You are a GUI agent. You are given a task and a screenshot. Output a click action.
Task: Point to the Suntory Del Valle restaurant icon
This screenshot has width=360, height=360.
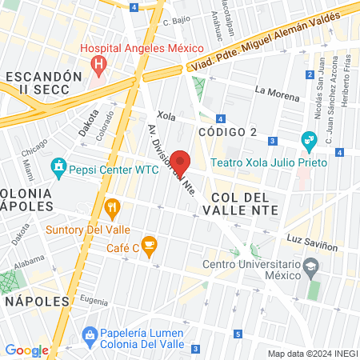113,210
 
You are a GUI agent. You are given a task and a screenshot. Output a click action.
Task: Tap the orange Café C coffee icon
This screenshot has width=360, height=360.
148,244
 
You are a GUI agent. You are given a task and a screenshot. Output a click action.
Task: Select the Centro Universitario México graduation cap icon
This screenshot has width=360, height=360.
309,265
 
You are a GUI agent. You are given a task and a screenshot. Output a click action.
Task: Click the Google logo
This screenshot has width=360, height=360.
26,350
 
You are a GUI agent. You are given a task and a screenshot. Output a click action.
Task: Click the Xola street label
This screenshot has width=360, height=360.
166,116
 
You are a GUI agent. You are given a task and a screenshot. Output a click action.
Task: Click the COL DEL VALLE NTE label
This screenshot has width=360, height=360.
245,203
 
